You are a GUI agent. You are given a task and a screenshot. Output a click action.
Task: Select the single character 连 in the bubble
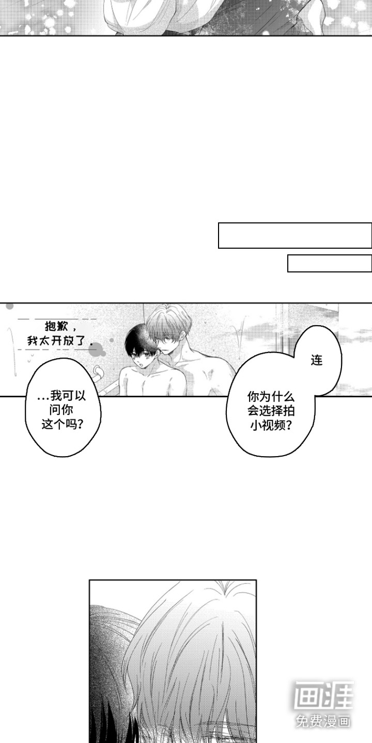point(317,360)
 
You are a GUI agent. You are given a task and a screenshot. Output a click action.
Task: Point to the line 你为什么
point(271,397)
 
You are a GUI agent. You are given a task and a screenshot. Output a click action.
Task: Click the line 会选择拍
point(271,411)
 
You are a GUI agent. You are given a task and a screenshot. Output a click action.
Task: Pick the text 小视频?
point(271,426)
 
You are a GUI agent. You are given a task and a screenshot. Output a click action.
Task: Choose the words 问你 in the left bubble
point(61,410)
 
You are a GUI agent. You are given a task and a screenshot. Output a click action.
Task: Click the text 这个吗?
point(62,424)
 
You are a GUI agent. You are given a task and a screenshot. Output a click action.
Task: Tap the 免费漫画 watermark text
point(323,721)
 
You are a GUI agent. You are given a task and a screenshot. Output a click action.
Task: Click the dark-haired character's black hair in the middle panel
point(139,343)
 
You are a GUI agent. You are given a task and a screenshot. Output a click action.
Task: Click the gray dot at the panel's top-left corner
point(10,306)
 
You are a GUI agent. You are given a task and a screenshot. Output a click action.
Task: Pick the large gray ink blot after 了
point(97,348)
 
